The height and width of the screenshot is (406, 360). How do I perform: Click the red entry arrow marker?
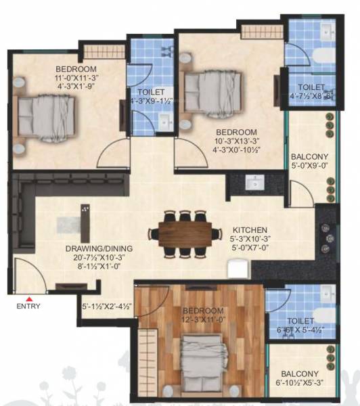pyautogui.click(x=29, y=298)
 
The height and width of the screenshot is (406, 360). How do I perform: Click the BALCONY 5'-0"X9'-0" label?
pyautogui.click(x=309, y=157)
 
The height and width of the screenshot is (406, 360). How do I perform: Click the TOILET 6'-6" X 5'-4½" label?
pyautogui.click(x=300, y=321)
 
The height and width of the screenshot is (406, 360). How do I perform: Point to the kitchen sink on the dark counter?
pyautogui.click(x=255, y=182)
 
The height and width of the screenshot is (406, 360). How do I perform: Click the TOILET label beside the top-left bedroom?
pyautogui.click(x=149, y=93)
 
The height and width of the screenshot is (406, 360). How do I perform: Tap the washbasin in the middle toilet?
pyautogui.click(x=166, y=121)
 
